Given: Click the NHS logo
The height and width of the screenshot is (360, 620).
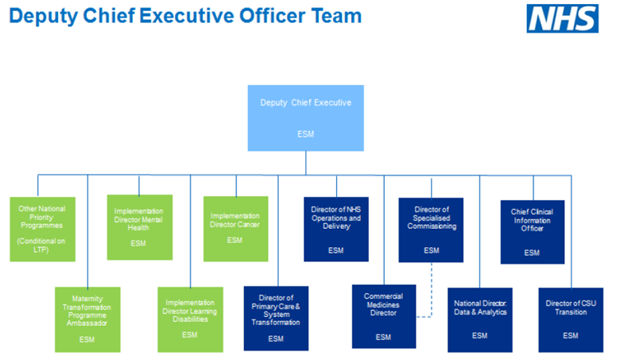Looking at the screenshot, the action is [x=562, y=18].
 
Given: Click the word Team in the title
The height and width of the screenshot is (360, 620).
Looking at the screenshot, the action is [x=336, y=16].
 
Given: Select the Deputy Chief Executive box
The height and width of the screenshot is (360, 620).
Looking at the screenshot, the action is [x=306, y=118].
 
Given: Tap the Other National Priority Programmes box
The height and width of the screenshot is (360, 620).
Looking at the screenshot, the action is [x=42, y=229].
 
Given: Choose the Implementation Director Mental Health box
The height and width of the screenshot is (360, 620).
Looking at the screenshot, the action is [x=140, y=227].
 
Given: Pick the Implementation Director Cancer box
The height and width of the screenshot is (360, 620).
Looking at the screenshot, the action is [x=235, y=229].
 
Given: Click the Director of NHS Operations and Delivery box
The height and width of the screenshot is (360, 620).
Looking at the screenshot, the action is [x=336, y=229].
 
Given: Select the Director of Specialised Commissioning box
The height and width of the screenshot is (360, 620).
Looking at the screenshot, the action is [x=431, y=230].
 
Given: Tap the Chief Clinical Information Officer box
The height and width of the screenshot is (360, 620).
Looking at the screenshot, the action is [x=533, y=232].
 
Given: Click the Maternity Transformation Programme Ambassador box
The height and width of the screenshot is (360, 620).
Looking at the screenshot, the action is [x=87, y=319].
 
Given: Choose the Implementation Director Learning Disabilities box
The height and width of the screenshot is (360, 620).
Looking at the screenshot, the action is [x=190, y=319].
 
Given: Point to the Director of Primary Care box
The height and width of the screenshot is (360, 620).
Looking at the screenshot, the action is [x=276, y=318].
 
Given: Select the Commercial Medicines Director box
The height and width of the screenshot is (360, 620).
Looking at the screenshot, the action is [x=384, y=316].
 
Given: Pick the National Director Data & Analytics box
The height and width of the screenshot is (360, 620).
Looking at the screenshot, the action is [x=480, y=319].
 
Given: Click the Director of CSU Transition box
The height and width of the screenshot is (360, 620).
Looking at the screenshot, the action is [x=571, y=319].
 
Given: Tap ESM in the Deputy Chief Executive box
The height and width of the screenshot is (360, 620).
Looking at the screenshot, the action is [x=306, y=134].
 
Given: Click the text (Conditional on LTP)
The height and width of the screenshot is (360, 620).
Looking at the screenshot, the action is [x=41, y=246].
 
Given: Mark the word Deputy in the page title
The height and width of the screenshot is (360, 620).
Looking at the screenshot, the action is [x=44, y=17].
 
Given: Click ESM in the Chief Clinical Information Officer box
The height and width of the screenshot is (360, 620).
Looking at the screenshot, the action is [x=532, y=253].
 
